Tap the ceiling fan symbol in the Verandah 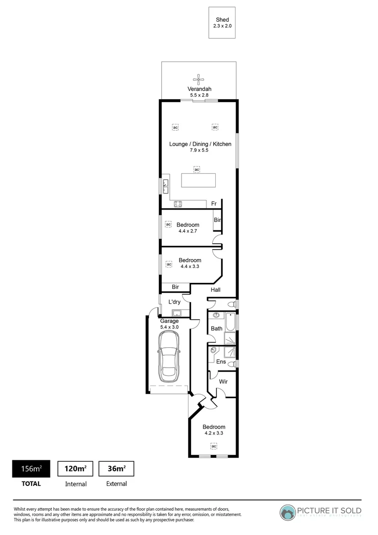pyautogui.click(x=199, y=79)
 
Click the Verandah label pyautogui.click(x=199, y=89)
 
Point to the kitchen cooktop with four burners pyautogui.click(x=178, y=203)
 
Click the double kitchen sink pyautogui.click(x=166, y=186)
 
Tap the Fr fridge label pyautogui.click(x=214, y=204)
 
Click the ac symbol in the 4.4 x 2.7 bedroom pyautogui.click(x=168, y=224)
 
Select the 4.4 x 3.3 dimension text pyautogui.click(x=190, y=267)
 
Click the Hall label pyautogui.click(x=215, y=290)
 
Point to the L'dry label pyautogui.click(x=174, y=302)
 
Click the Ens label pyautogui.click(x=221, y=362)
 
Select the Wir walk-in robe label pyautogui.click(x=223, y=382)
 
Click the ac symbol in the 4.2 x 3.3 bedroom pyautogui.click(x=214, y=446)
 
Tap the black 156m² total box pyautogui.click(x=31, y=469)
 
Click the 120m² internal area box pyautogui.click(x=76, y=469)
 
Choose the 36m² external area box pyautogui.click(x=116, y=469)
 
